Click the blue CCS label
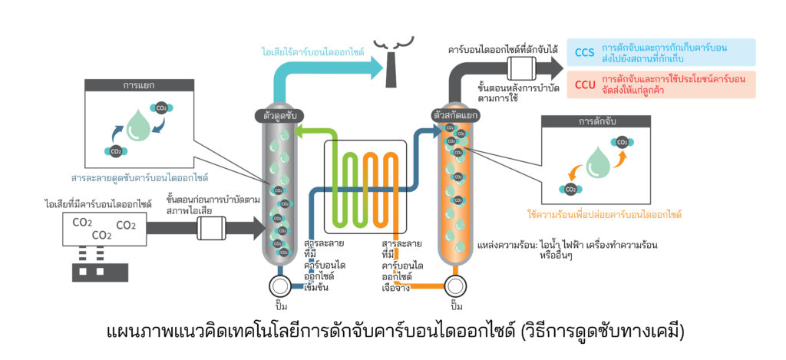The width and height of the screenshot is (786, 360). pos(585,52)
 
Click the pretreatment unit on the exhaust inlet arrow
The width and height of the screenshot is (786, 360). pos(210,228)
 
